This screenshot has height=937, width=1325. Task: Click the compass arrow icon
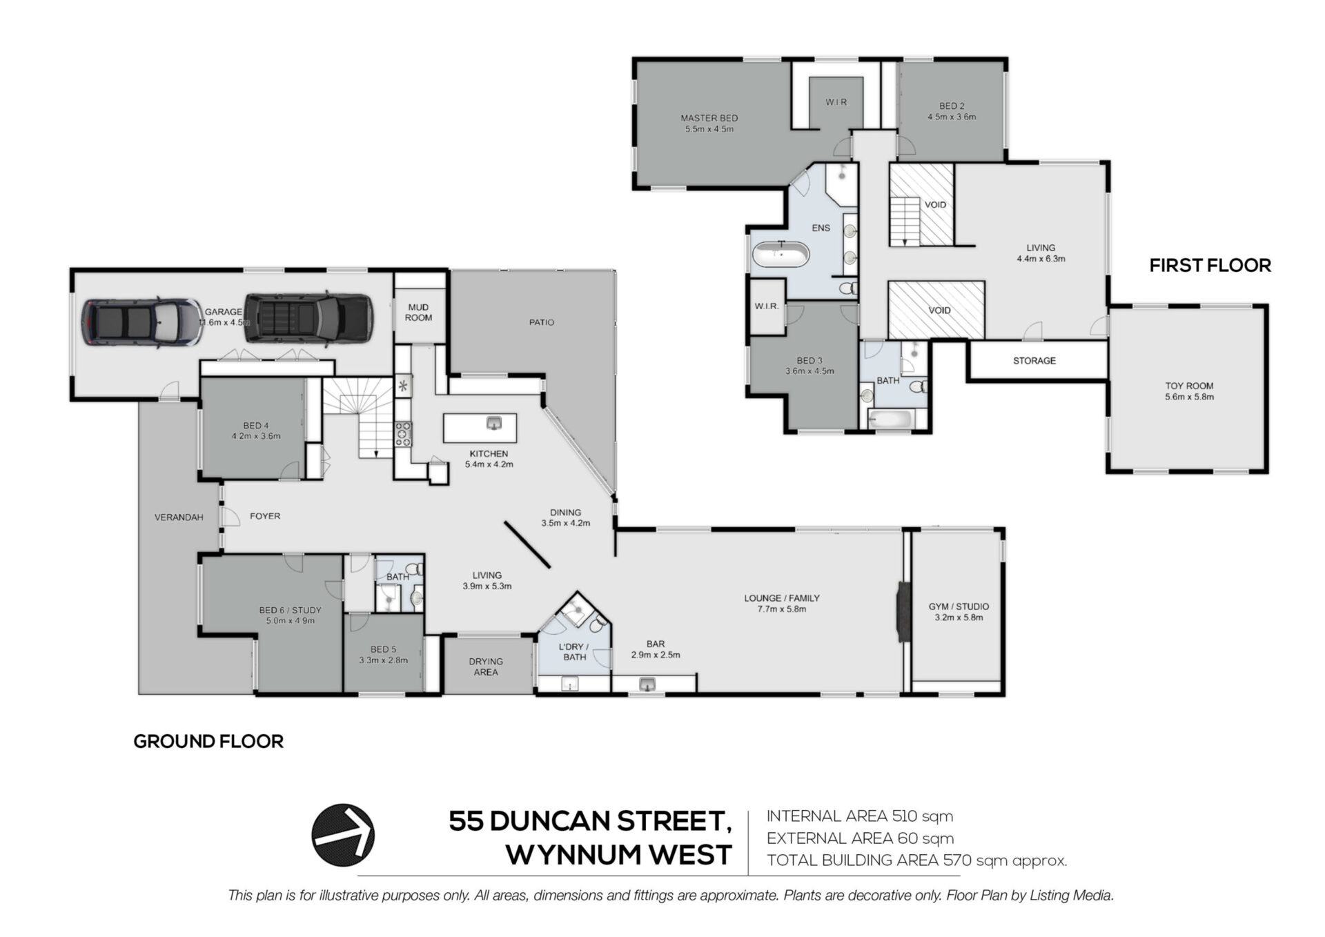tap(343, 835)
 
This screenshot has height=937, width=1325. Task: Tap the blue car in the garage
tap(141, 322)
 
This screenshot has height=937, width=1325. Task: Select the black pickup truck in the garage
tap(308, 319)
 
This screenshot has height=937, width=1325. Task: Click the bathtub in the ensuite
tap(780, 255)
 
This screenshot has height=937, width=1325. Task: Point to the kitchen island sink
tap(493, 423)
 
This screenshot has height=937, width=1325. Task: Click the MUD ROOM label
tap(418, 313)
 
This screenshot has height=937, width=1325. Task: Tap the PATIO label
tap(542, 322)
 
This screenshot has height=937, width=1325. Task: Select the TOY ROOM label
tap(1189, 386)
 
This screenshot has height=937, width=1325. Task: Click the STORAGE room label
tap(1034, 361)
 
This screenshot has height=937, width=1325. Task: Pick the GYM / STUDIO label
tap(959, 606)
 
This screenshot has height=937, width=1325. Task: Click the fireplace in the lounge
tap(903, 613)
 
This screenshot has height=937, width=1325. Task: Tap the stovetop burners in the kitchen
tap(403, 433)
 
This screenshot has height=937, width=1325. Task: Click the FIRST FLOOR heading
tap(1210, 266)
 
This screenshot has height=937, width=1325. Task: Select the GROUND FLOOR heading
tap(208, 742)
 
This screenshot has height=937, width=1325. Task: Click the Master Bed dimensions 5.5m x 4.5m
tap(709, 129)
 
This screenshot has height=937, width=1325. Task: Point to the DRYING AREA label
tap(486, 667)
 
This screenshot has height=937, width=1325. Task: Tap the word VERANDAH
tap(179, 517)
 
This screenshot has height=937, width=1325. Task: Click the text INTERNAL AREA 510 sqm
tap(860, 816)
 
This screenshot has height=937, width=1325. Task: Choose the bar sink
tap(647, 684)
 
